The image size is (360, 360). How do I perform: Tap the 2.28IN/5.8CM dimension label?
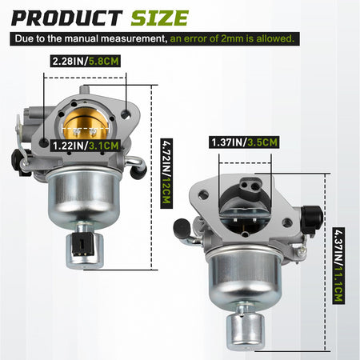click(85, 61)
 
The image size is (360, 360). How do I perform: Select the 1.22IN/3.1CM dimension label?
click(85, 146)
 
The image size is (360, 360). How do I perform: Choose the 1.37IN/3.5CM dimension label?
click(244, 142)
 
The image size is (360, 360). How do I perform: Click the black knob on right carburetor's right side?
click(312, 214)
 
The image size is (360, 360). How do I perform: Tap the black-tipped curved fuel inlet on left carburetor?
click(140, 165)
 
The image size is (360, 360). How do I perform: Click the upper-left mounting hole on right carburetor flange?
click(206, 193)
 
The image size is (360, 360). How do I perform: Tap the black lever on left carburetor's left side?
click(20, 161)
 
